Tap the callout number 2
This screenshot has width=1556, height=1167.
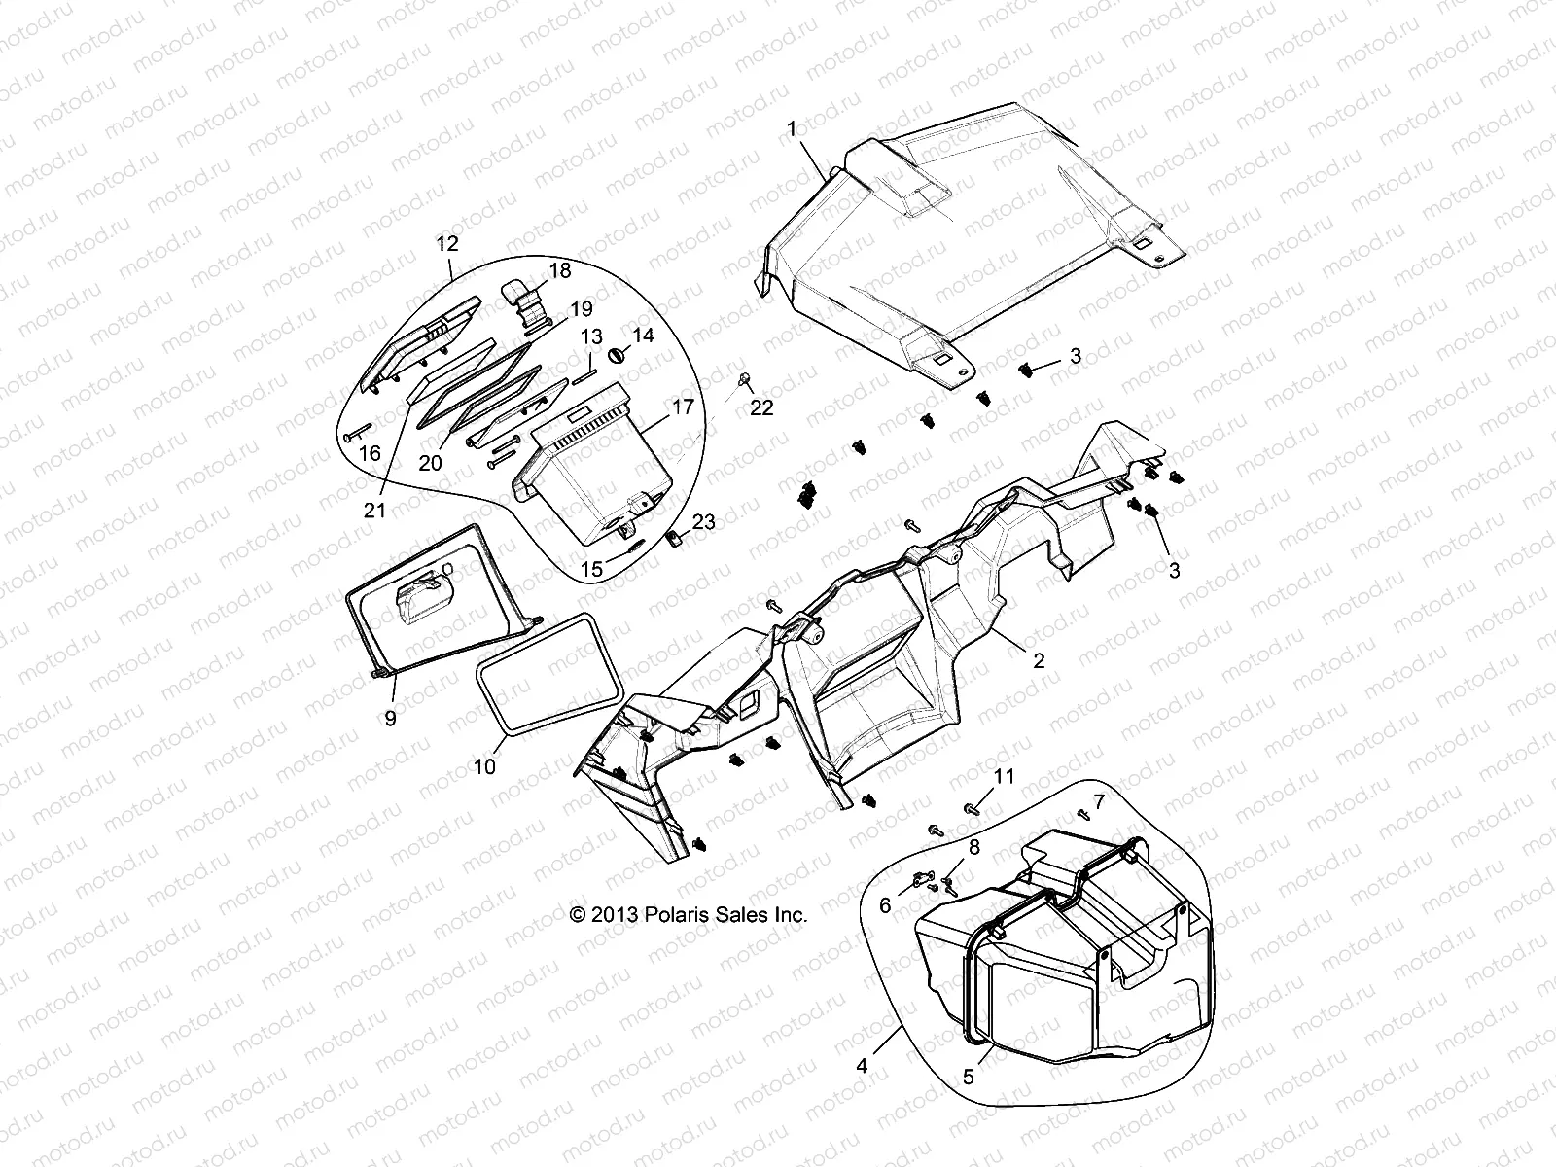(1039, 660)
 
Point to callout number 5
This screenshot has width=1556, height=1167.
(968, 1078)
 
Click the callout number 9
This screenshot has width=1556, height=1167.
(390, 719)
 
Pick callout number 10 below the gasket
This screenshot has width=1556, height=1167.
(484, 766)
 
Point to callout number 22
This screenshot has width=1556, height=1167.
(761, 408)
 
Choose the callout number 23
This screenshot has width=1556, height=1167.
(703, 522)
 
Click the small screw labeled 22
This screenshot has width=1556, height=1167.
(745, 377)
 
